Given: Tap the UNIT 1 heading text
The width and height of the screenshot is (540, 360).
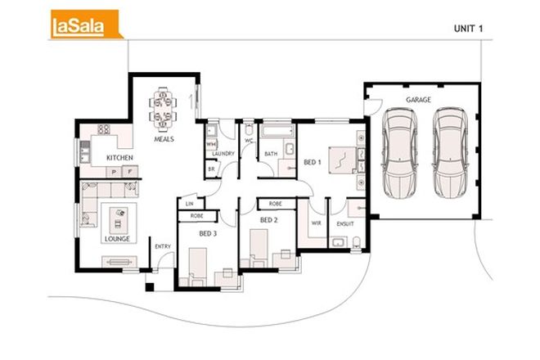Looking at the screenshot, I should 470,28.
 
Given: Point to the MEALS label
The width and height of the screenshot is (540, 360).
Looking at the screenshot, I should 164,139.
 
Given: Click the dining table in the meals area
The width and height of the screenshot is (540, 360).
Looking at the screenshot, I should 162,109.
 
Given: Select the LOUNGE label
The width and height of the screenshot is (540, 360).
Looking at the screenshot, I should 116,239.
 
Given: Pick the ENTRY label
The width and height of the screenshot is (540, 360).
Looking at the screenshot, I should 162,246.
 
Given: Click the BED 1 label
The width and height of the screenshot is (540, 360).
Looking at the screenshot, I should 313,162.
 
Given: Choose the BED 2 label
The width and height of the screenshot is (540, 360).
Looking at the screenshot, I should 269,220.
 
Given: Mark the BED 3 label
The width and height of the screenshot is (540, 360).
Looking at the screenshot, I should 209,232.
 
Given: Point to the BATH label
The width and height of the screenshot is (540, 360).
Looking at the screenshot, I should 271,153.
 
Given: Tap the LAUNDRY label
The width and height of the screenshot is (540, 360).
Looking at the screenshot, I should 223,153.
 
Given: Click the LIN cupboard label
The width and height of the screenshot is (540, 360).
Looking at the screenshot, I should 189,203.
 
